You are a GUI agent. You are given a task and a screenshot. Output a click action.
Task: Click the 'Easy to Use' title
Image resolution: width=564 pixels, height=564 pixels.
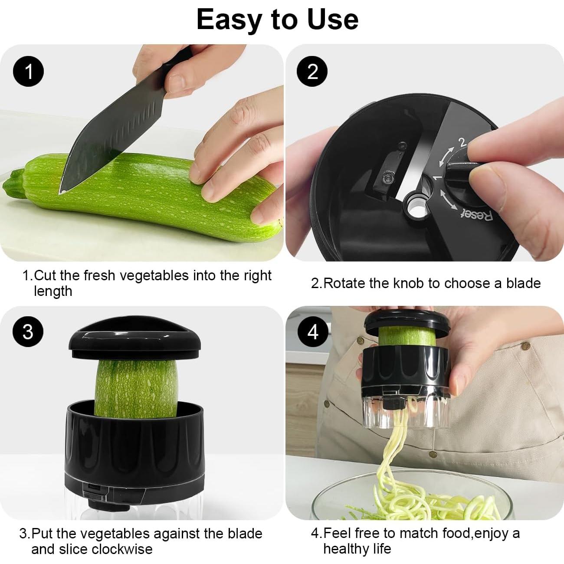tap(278, 20)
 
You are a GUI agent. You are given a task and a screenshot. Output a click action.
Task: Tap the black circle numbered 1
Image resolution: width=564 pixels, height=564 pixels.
tap(29, 71)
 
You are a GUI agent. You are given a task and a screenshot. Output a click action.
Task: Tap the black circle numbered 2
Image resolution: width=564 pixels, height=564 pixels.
tap(312, 71)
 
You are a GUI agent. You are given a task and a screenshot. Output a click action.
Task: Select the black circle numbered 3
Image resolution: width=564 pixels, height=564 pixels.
tap(28, 332)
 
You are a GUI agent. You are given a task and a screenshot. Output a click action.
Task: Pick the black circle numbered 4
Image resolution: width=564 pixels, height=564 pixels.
tap(313, 332)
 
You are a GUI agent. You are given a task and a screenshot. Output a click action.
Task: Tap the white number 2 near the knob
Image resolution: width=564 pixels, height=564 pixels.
tap(462, 142)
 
